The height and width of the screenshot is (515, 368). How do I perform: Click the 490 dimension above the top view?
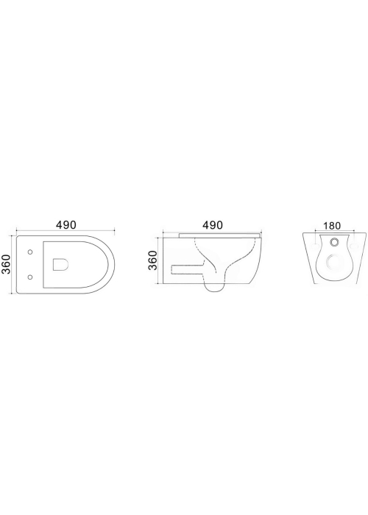66,225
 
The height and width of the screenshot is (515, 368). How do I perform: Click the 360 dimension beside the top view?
7,263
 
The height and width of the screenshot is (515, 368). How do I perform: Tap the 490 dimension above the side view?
213,225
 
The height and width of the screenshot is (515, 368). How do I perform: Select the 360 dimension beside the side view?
153,260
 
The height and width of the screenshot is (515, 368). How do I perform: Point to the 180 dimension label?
332,226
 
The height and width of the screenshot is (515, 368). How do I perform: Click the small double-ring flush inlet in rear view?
335,242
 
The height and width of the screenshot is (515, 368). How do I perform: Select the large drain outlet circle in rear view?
335,263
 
